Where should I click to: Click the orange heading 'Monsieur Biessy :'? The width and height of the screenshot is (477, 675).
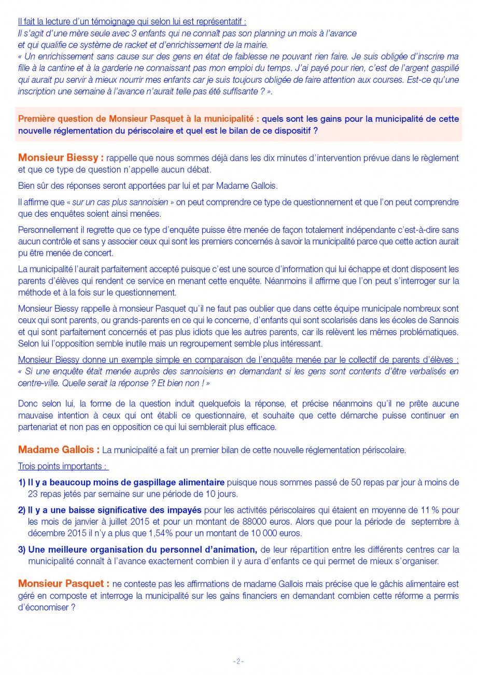(x=61, y=158)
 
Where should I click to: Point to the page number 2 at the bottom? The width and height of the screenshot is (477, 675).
(x=238, y=661)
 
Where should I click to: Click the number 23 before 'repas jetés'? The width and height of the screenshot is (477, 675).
(x=34, y=494)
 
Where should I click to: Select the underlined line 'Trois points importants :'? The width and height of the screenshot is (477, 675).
(x=63, y=466)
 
